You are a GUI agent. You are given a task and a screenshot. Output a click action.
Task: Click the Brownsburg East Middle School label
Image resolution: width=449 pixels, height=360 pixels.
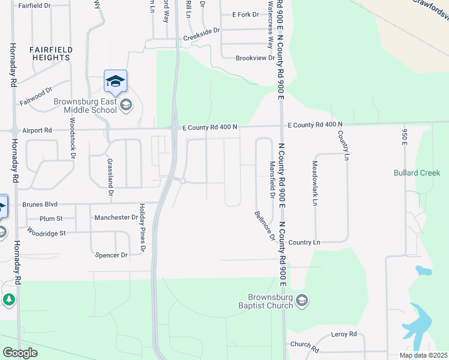85,106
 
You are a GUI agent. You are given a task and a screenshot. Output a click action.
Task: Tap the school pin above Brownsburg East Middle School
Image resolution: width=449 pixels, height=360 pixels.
115,81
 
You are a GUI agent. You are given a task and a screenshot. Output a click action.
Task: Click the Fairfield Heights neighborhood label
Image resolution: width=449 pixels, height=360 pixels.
52,53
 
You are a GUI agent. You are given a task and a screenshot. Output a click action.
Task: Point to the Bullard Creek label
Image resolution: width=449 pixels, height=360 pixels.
417,173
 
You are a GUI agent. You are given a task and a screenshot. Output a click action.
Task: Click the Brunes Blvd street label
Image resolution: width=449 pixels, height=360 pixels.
40,204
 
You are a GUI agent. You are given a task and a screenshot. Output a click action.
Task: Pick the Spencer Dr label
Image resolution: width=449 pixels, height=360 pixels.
112,255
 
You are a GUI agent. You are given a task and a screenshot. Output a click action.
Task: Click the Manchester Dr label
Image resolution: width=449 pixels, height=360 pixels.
116,217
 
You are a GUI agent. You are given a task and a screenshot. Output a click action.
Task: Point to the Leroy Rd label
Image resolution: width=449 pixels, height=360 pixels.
344,334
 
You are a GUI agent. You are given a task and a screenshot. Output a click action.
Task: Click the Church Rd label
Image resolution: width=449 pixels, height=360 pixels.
304,345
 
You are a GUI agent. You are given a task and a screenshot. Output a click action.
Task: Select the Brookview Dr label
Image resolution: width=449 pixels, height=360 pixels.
255,58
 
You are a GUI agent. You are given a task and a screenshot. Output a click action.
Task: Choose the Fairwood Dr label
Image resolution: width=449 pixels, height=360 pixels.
36,95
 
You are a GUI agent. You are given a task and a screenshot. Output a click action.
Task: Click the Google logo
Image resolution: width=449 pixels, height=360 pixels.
20,352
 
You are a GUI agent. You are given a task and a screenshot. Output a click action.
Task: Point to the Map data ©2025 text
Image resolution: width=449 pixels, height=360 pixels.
423,355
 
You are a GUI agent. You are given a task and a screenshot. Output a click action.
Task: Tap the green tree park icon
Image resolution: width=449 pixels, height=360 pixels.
8,299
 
